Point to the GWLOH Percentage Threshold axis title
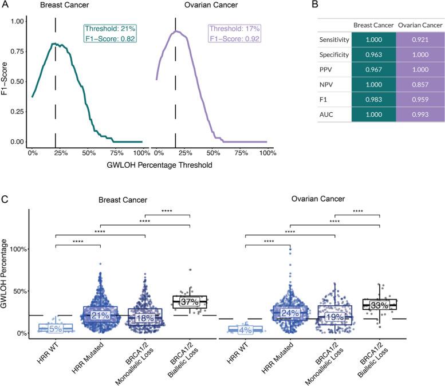click(x=148, y=165)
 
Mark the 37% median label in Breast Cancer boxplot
click(x=190, y=301)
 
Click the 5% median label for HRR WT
click(x=56, y=329)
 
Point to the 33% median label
click(x=379, y=305)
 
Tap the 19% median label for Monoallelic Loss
click(x=335, y=317)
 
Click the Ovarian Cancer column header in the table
click(x=409, y=26)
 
